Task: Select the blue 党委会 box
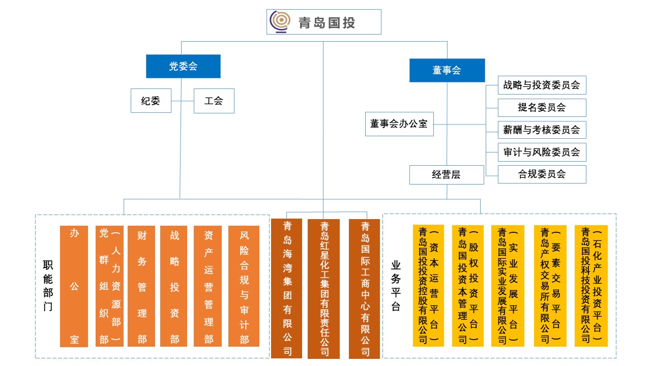click(183, 66)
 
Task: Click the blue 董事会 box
click(447, 70)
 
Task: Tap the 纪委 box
click(151, 101)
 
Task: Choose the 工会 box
click(214, 101)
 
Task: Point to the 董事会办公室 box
click(399, 124)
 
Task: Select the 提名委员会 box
click(542, 108)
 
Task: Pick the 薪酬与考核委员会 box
click(542, 130)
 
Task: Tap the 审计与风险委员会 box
click(542, 152)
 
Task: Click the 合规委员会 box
click(542, 174)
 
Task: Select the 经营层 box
click(447, 174)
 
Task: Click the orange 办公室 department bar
click(74, 286)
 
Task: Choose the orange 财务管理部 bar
click(142, 286)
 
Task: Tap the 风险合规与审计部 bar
click(244, 286)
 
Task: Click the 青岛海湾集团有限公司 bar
click(288, 288)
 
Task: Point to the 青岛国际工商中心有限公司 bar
click(365, 288)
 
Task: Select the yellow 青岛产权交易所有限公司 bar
click(550, 286)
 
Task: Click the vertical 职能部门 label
click(47, 286)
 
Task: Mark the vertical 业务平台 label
click(396, 286)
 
